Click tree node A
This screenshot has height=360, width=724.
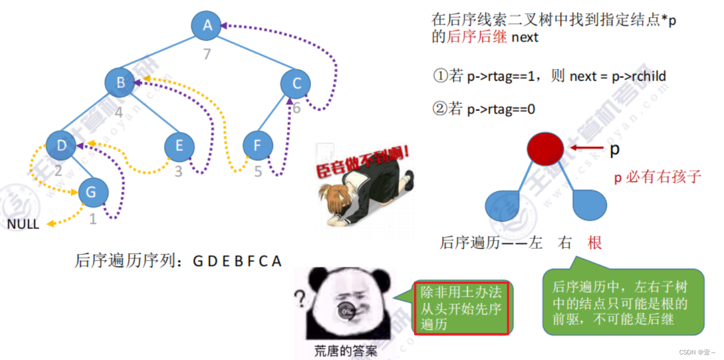pos(207,25)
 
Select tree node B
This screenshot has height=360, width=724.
pos(120,83)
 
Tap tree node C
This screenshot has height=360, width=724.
pos(296,84)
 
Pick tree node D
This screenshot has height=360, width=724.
pos(61,145)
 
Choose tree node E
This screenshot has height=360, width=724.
pos(180,146)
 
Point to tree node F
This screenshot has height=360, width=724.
pos(258,146)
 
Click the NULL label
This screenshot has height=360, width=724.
pos(23,224)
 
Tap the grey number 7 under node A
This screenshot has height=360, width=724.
pos(207,55)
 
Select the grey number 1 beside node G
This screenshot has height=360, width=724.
pos(93,220)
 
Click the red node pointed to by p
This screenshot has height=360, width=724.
pos(545,148)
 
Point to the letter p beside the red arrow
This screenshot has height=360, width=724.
pos(614,149)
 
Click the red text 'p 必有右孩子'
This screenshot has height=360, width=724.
pos(657,177)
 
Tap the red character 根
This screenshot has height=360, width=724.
pos(595,242)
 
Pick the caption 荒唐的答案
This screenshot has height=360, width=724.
pos(345,351)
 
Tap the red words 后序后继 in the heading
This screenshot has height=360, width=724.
pos(469,38)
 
